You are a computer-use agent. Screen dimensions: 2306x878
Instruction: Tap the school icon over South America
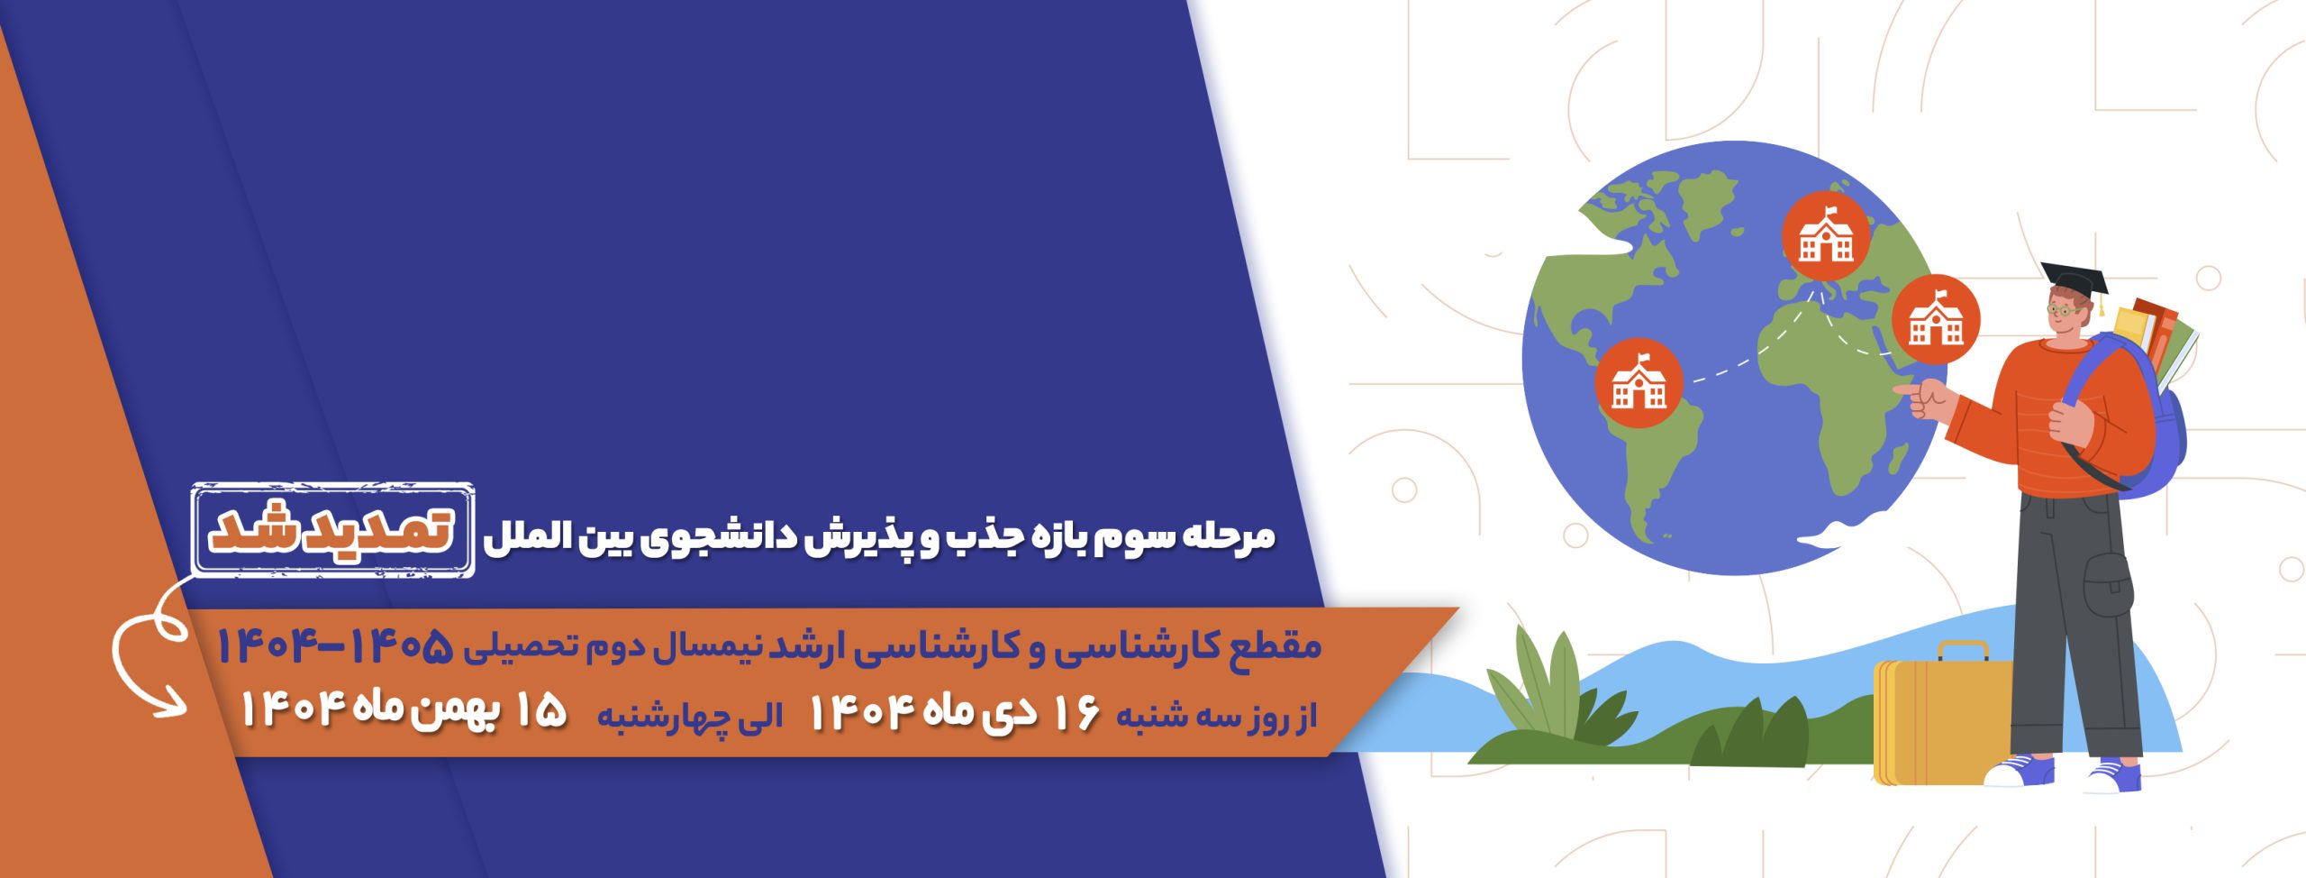(1639, 383)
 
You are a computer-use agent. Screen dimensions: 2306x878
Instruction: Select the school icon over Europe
(1826, 235)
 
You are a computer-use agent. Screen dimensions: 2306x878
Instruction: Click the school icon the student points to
(1936, 319)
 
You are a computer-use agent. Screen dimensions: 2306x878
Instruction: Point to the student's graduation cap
(2075, 281)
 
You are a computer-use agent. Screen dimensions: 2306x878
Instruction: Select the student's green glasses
(2065, 310)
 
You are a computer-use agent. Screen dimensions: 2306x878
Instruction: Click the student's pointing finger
(1906, 389)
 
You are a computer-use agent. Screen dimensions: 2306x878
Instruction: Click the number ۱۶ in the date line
(1073, 713)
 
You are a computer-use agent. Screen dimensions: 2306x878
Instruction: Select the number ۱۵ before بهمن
(540, 710)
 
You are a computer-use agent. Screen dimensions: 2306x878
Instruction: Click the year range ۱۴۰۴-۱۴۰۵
(334, 645)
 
